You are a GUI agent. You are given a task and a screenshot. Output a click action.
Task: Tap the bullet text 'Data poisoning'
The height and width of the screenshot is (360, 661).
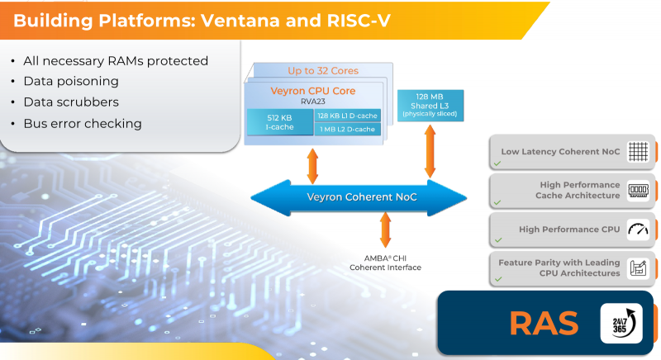(x=71, y=82)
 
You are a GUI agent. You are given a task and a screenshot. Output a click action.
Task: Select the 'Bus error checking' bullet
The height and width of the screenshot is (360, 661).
(x=83, y=124)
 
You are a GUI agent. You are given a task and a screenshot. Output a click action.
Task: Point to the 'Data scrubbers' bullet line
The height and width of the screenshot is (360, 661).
(x=71, y=102)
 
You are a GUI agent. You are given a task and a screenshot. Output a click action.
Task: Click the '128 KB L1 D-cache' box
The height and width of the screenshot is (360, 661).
(x=347, y=115)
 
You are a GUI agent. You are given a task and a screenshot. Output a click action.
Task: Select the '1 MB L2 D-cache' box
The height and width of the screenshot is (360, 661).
(x=347, y=129)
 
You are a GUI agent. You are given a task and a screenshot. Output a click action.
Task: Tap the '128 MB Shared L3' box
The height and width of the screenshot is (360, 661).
(x=430, y=104)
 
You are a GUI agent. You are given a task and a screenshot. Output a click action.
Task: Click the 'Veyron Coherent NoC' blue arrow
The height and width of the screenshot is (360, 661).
(x=359, y=197)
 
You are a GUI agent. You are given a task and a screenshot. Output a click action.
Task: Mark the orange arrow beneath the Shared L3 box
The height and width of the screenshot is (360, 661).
(x=430, y=151)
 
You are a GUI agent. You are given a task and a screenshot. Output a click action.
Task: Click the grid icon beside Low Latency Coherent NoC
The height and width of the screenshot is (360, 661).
(x=636, y=152)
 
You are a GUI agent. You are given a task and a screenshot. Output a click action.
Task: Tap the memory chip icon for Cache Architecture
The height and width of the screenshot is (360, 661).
(x=636, y=190)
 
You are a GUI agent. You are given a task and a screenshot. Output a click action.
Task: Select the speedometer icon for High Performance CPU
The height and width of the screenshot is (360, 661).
(x=636, y=229)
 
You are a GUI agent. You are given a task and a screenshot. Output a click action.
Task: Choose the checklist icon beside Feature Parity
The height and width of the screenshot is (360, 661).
(x=636, y=268)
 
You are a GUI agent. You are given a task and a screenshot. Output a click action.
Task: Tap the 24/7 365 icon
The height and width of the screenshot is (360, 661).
(x=621, y=323)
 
